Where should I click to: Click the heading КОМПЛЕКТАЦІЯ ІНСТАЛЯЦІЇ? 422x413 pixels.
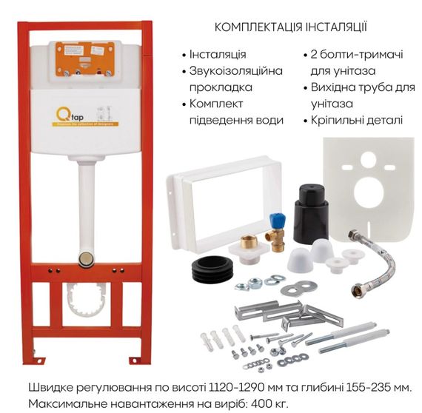click(290, 27)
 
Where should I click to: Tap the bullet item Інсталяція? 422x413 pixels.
click(218, 55)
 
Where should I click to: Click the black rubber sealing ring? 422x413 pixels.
click(212, 268)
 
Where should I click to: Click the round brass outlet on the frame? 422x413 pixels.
click(85, 259)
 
